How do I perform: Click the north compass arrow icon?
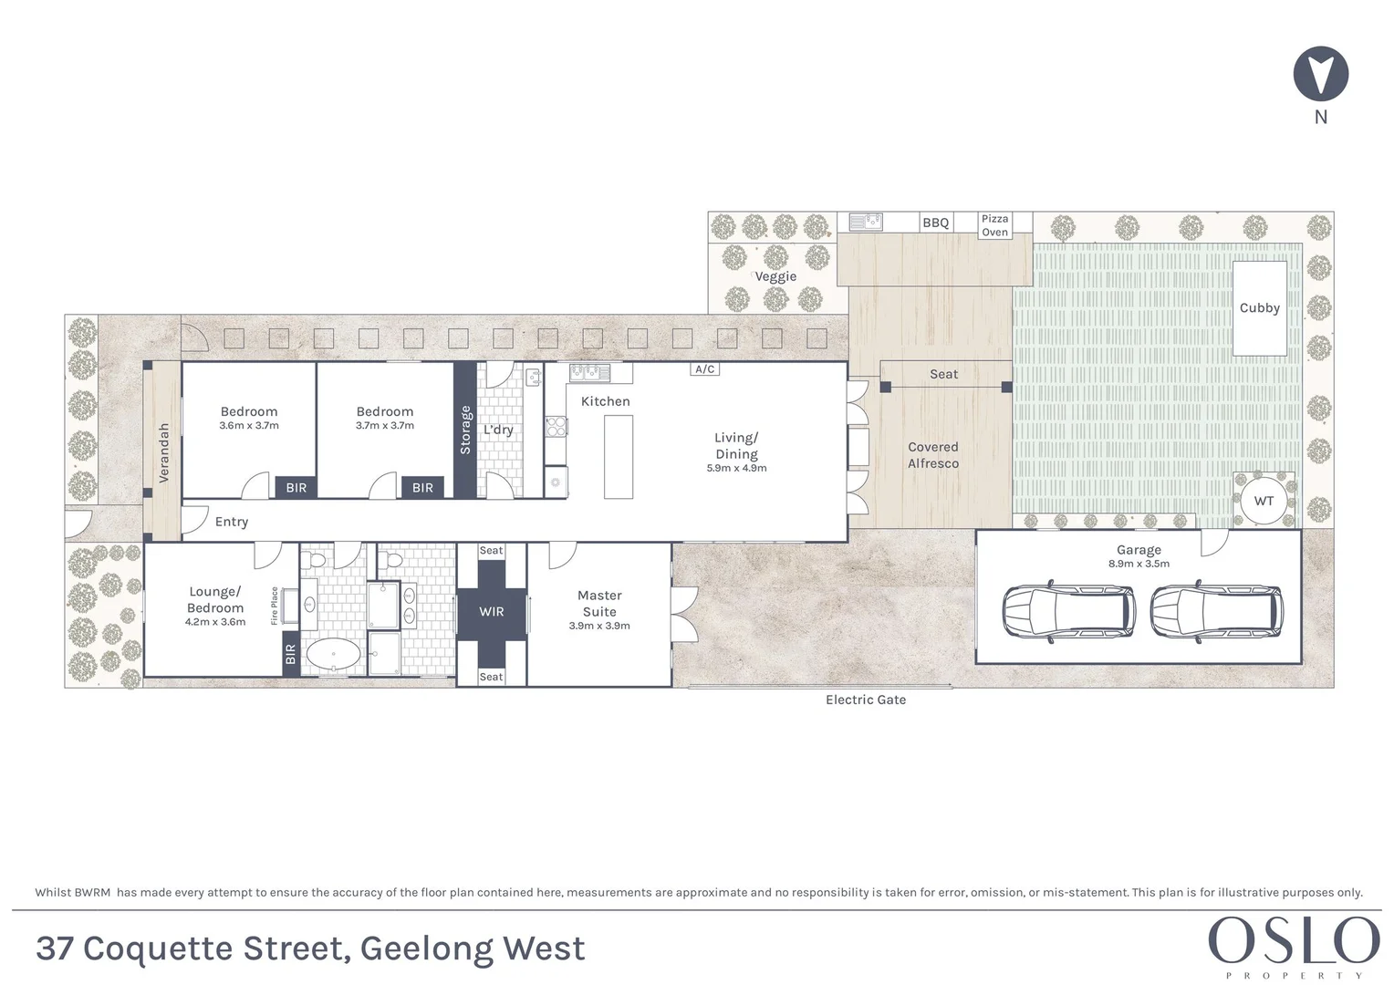click(x=1320, y=74)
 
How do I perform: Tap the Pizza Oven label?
click(x=994, y=225)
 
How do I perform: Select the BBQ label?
click(x=935, y=223)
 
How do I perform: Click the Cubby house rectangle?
click(x=1260, y=308)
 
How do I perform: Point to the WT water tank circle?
click(x=1264, y=501)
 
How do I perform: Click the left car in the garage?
click(x=1068, y=609)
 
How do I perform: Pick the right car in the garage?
click(x=1216, y=609)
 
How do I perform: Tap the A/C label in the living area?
click(x=705, y=369)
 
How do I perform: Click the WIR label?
click(x=492, y=612)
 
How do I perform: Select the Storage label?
click(x=465, y=430)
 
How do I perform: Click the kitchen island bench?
click(x=619, y=457)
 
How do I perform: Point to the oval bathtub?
click(x=333, y=654)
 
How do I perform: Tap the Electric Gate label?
click(x=866, y=700)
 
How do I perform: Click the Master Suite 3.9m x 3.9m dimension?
click(x=599, y=626)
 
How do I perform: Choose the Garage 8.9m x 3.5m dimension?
click(x=1139, y=564)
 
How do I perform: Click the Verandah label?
click(x=164, y=452)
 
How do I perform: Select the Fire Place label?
click(x=275, y=606)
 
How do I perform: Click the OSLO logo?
click(x=1294, y=941)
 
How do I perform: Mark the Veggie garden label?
click(x=775, y=276)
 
